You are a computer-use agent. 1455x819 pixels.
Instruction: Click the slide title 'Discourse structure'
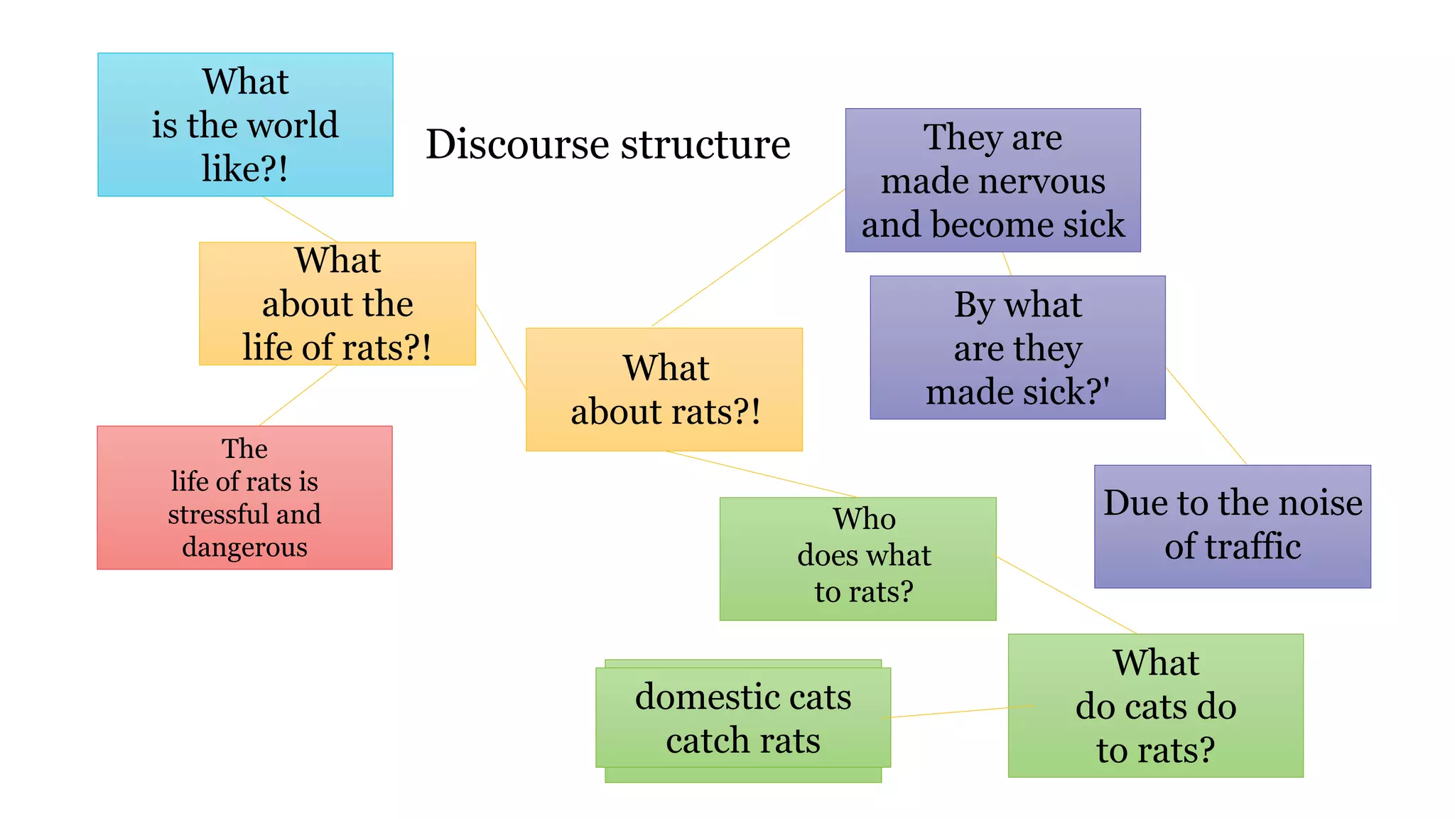click(x=607, y=144)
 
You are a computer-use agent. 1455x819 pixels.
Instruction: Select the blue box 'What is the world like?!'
click(x=245, y=124)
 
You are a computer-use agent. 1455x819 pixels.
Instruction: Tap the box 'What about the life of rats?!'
click(x=337, y=304)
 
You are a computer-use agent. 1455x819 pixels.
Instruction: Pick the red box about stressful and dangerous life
click(x=244, y=497)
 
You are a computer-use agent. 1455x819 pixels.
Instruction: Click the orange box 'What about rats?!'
click(x=664, y=389)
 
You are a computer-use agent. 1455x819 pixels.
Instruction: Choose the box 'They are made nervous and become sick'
click(x=992, y=180)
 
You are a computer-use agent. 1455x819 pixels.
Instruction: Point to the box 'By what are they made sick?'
click(x=1017, y=347)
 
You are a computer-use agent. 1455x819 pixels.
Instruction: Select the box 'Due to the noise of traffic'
click(x=1232, y=526)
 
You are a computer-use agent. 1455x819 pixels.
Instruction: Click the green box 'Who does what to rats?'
click(x=858, y=558)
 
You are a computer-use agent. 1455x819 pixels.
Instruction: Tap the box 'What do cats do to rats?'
click(x=1155, y=705)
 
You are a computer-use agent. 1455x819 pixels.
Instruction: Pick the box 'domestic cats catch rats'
click(x=742, y=718)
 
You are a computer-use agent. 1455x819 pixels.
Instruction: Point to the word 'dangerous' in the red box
click(x=244, y=547)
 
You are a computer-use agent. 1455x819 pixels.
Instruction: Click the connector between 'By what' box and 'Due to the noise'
click(x=1206, y=417)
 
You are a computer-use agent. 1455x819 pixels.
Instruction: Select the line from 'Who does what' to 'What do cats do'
click(x=1066, y=595)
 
